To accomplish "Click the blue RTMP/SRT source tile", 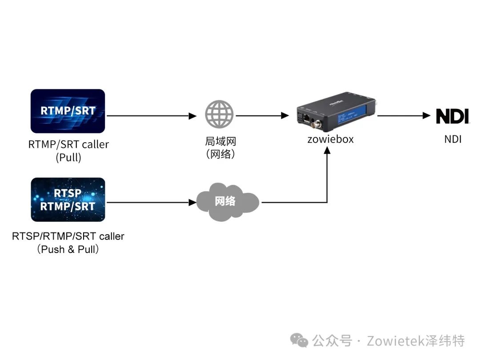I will point(68,111).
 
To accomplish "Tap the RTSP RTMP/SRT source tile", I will point(68,200).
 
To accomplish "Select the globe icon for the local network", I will point(219,115).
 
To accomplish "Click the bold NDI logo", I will point(452,116).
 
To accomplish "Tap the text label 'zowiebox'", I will point(331,139).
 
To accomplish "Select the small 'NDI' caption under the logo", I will point(453,139).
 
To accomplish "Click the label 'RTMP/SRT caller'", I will point(68,144).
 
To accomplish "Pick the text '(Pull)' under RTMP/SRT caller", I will point(68,157).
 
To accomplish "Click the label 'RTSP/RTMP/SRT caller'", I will point(68,236).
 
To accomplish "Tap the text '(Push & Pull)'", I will point(68,249).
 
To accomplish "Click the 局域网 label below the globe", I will point(220,142).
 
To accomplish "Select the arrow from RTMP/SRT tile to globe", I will point(151,116).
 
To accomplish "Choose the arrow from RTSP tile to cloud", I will point(151,203).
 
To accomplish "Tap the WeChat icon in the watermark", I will point(299,340).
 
